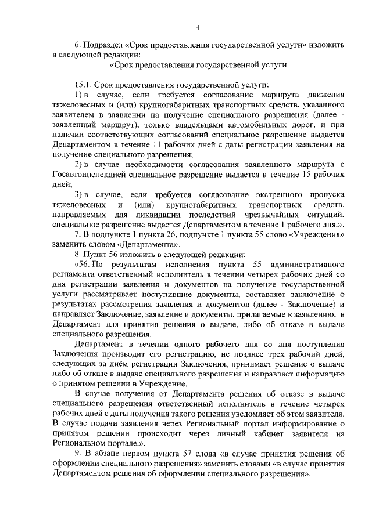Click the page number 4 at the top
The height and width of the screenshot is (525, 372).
pyautogui.click(x=198, y=27)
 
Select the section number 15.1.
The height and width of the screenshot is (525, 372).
pyautogui.click(x=83, y=84)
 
